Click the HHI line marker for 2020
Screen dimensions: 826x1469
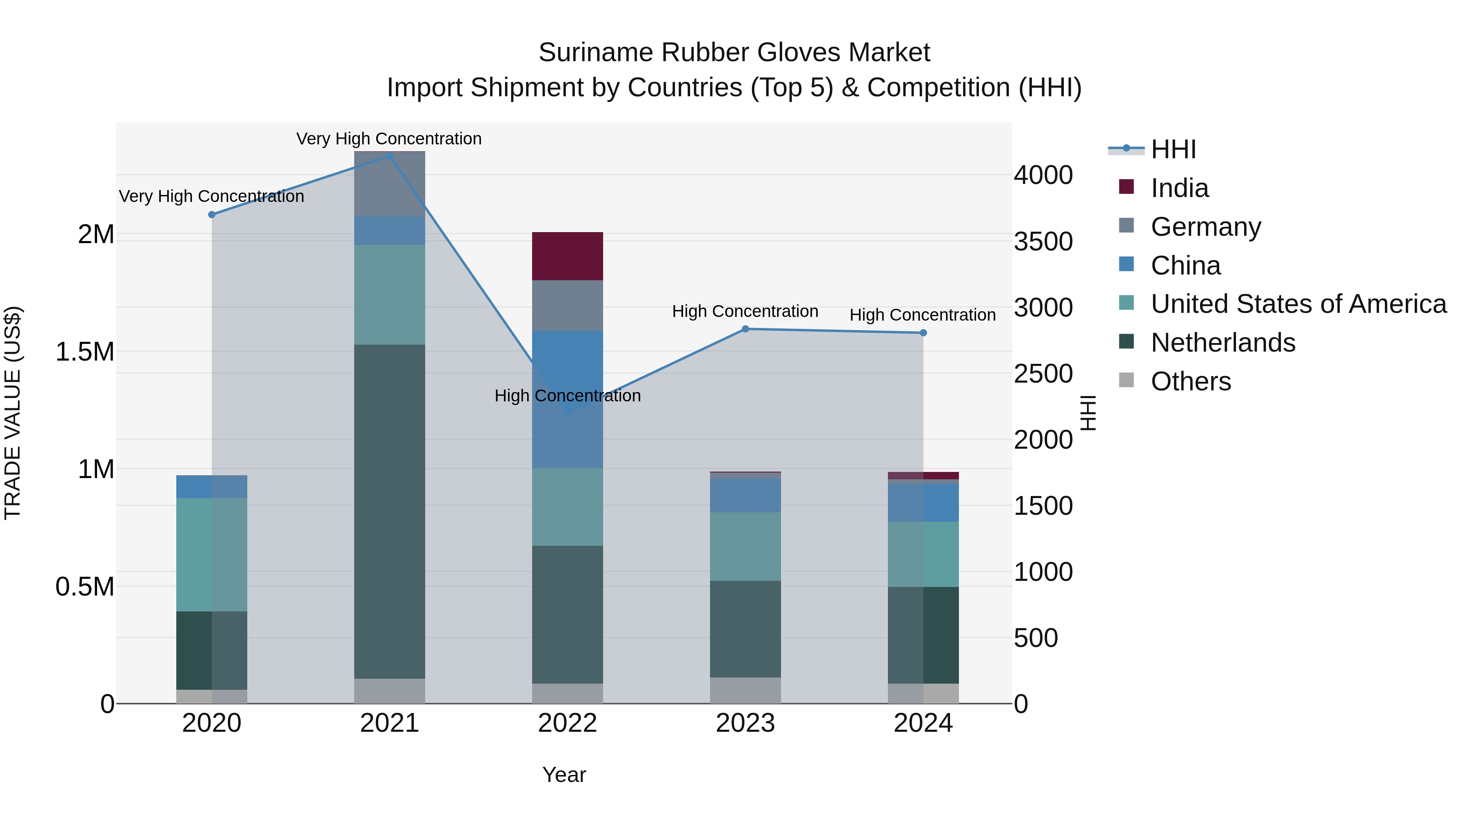(211, 215)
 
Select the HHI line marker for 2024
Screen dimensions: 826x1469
(923, 333)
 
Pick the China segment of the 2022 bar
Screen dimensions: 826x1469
(568, 399)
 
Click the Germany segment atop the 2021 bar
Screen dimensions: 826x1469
(390, 184)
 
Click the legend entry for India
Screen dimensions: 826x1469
(1179, 188)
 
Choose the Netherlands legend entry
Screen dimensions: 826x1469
(1223, 343)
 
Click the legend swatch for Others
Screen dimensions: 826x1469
(1126, 380)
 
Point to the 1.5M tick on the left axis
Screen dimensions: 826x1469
(85, 352)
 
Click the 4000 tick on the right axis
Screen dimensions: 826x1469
(1043, 175)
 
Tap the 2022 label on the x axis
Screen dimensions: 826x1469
(568, 723)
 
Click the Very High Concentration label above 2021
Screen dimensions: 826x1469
(389, 139)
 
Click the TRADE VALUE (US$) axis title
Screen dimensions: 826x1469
(13, 413)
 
